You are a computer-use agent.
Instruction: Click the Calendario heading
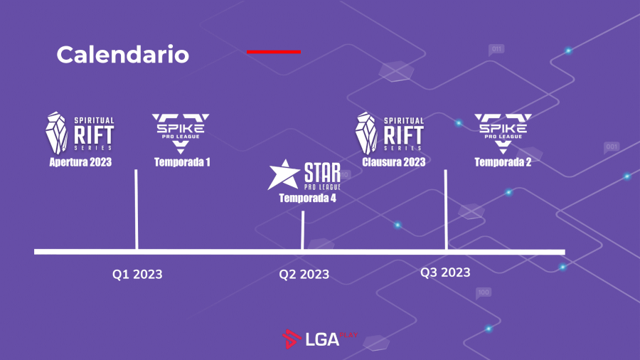[x=123, y=55]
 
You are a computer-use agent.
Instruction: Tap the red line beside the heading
[x=274, y=52]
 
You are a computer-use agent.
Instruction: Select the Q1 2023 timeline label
[x=137, y=274]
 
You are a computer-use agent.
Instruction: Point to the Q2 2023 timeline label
[x=304, y=274]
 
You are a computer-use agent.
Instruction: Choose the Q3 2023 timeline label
[x=445, y=272]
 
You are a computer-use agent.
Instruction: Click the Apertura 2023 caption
[x=80, y=162]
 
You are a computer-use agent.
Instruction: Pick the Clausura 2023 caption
[x=394, y=162]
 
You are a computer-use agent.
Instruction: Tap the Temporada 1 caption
[x=182, y=162]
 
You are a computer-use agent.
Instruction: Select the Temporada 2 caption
[x=503, y=162]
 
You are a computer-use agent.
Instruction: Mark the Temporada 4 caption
[x=307, y=198]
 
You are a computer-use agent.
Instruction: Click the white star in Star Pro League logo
[x=284, y=176]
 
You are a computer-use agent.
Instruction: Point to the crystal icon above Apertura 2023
[x=56, y=133]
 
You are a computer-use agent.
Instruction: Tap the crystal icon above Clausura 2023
[x=366, y=133]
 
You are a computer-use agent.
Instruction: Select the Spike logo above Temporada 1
[x=181, y=133]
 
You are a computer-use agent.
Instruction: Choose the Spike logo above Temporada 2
[x=503, y=133]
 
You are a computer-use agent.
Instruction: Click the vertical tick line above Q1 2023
[x=137, y=209]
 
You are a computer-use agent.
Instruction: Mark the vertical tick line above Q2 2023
[x=302, y=231]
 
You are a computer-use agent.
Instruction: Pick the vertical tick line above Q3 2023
[x=446, y=209]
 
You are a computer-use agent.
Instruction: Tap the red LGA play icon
[x=292, y=339]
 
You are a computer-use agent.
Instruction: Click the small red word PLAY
[x=348, y=335]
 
